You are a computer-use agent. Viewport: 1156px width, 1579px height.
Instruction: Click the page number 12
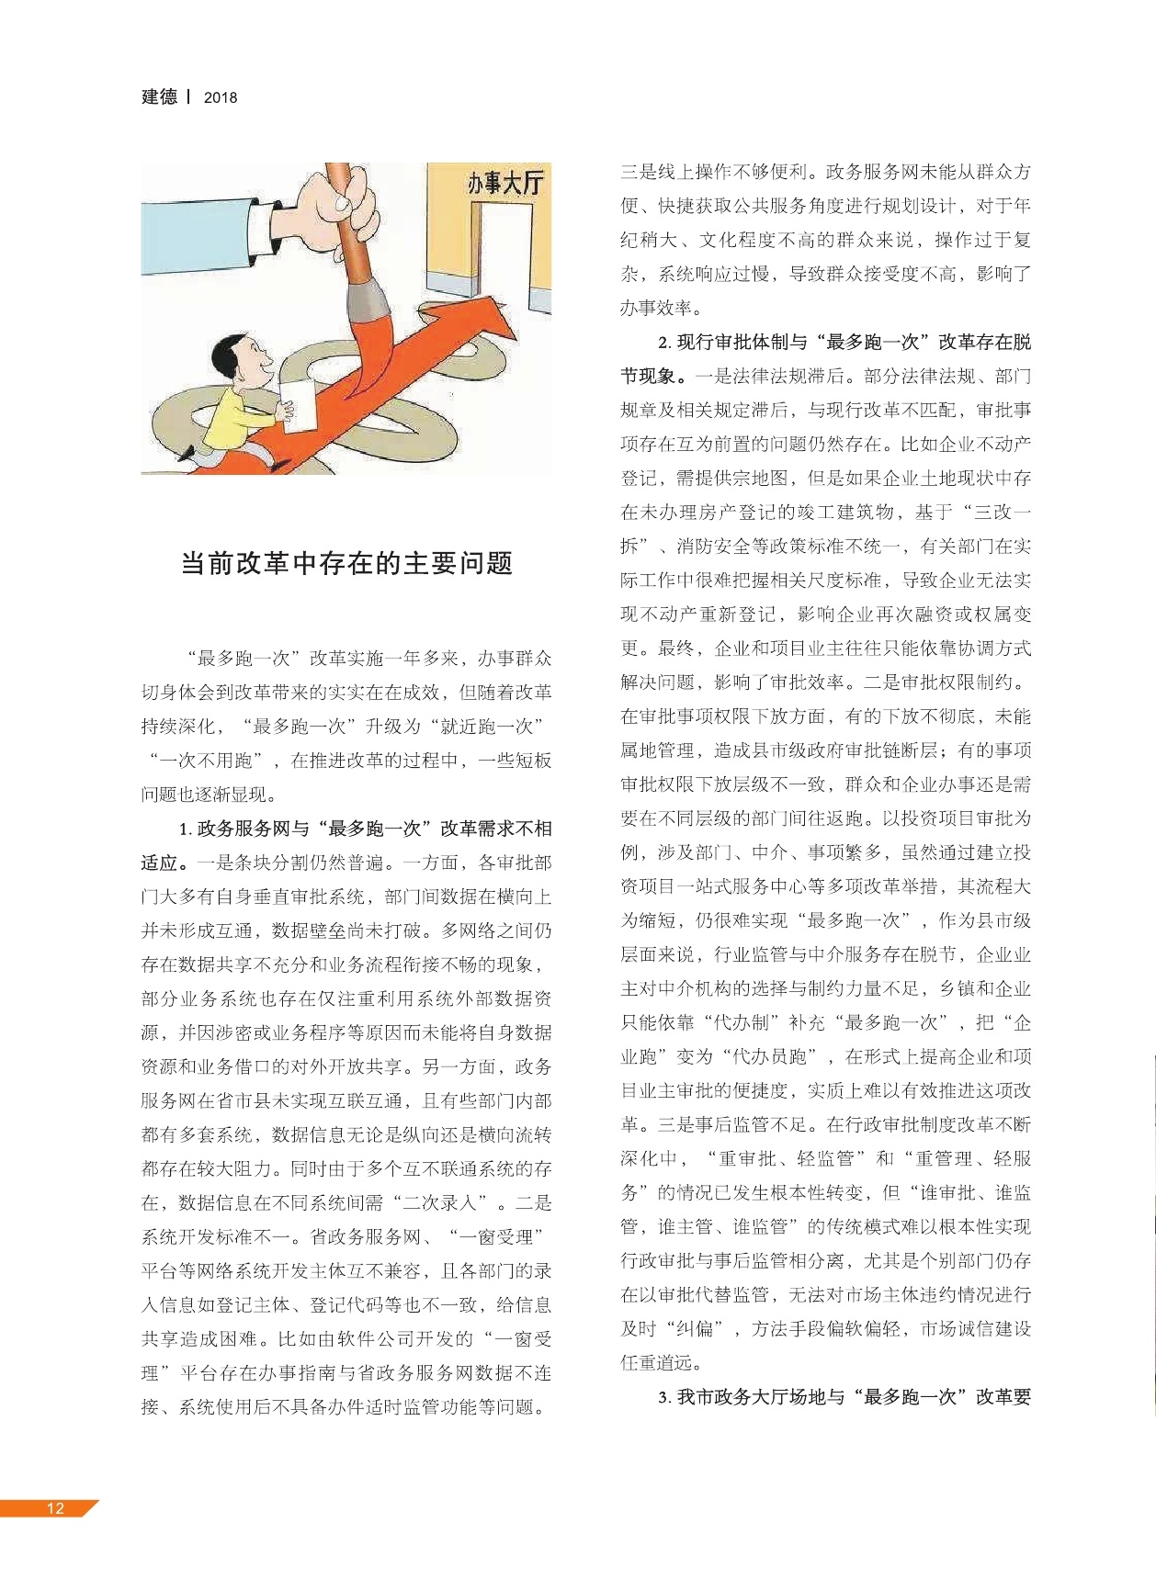coord(55,1507)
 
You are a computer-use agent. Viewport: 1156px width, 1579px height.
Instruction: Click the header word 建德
coord(159,96)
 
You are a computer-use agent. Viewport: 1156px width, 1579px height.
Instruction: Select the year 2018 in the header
coord(221,97)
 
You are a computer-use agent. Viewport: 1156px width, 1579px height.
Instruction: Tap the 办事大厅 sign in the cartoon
coord(504,182)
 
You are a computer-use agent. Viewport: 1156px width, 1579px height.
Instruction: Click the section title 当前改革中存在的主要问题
coord(346,563)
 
